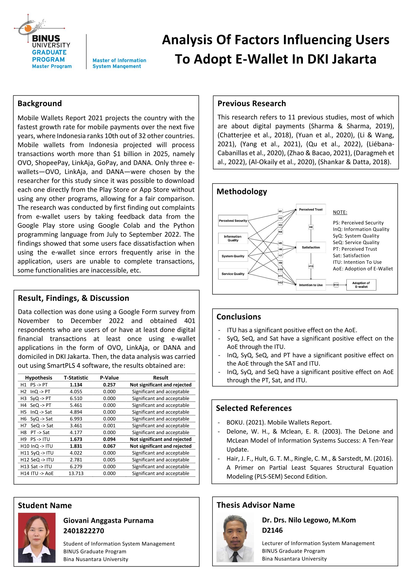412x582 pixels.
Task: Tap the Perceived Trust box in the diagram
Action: pyautogui.click(x=310, y=210)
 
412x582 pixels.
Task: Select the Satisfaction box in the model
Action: pyautogui.click(x=310, y=247)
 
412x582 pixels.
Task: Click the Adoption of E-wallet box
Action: pyautogui.click(x=361, y=285)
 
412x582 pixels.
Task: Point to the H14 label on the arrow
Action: pyautogui.click(x=336, y=285)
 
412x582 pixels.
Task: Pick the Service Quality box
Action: pyautogui.click(x=233, y=274)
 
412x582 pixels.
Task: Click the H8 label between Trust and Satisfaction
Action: pyautogui.click(x=311, y=227)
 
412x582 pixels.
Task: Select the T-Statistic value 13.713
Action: pyautogui.click(x=76, y=473)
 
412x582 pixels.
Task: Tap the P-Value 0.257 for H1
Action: pyautogui.click(x=109, y=385)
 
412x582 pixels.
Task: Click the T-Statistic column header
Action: pyautogui.click(x=76, y=378)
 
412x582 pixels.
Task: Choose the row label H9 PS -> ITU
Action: pyautogui.click(x=35, y=439)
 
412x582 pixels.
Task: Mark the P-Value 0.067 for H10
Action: pyautogui.click(x=109, y=446)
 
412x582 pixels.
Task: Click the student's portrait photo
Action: pyautogui.click(x=37, y=538)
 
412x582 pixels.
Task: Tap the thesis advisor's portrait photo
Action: pyautogui.click(x=235, y=538)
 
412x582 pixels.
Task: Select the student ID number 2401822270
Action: pyautogui.click(x=84, y=531)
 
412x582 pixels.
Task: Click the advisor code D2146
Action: pyautogui.click(x=272, y=530)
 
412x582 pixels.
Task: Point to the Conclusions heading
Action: pyautogui.click(x=239, y=317)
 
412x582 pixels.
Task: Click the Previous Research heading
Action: pyautogui.click(x=252, y=103)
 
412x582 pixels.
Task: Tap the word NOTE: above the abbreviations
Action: pyautogui.click(x=340, y=212)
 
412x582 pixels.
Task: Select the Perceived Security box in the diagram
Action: pyautogui.click(x=233, y=221)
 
